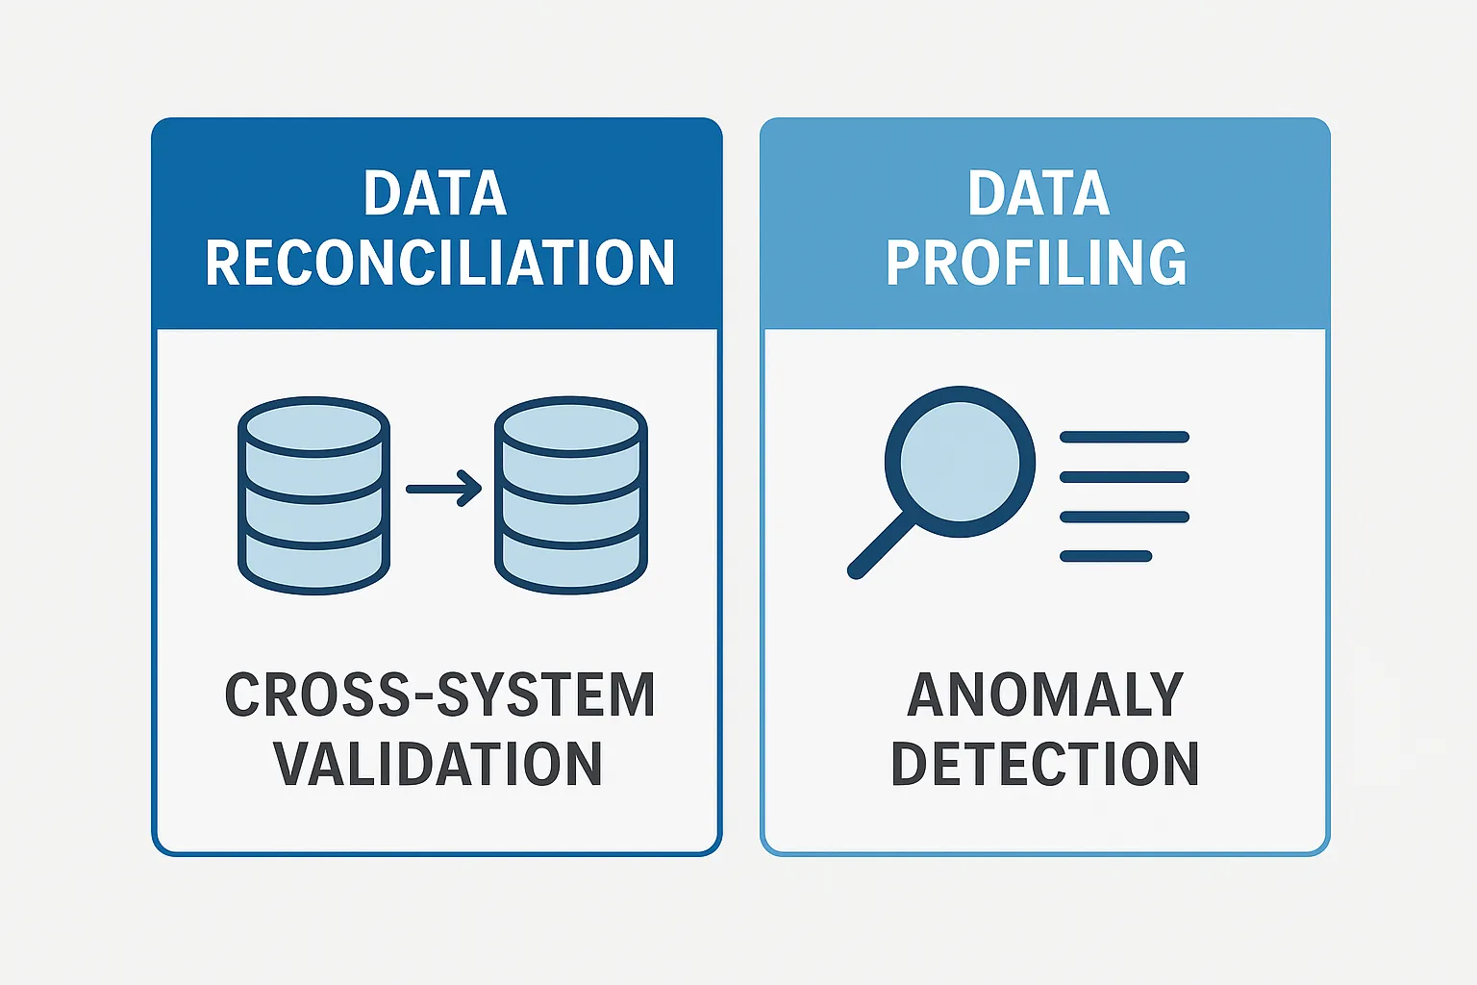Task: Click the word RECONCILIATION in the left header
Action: [439, 263]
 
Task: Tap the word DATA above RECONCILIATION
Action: [435, 193]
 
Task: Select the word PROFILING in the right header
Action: [1036, 263]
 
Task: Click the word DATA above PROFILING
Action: [1039, 193]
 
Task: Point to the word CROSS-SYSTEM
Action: [439, 695]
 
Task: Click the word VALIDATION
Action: [438, 764]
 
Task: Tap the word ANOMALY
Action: [1044, 695]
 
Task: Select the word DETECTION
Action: [1044, 764]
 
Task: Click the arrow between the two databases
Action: [443, 489]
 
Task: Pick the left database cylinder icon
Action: [313, 495]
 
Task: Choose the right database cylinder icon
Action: [570, 495]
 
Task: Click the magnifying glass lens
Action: [959, 461]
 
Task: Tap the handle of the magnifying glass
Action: [881, 545]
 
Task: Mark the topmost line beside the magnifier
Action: [1124, 437]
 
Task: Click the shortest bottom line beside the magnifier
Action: [1106, 556]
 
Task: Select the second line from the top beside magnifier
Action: [1124, 477]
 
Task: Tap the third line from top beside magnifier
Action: [1124, 517]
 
